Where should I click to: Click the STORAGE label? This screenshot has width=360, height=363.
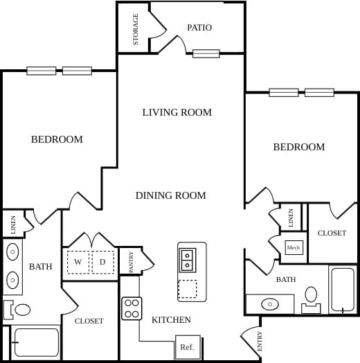[x=135, y=29]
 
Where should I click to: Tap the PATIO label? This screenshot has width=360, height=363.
[x=199, y=28]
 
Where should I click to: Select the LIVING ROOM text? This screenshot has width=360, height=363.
[x=177, y=112]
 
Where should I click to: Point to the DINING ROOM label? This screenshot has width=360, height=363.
[x=171, y=195]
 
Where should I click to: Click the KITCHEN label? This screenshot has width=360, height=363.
[x=171, y=320]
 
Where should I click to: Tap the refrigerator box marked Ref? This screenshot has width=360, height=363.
[x=187, y=347]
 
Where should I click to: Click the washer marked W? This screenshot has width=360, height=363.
[x=78, y=262]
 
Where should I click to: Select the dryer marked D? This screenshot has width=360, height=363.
[x=102, y=262]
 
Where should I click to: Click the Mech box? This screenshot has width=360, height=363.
[x=294, y=247]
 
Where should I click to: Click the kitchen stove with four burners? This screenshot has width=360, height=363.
[x=132, y=308]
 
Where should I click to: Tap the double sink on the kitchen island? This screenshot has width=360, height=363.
[x=188, y=260]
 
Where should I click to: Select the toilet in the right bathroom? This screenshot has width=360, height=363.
[x=311, y=297]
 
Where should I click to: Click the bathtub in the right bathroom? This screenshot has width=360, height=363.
[x=343, y=290]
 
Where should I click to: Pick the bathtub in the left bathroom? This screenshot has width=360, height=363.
[x=37, y=342]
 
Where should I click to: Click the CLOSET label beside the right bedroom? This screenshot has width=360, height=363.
[x=332, y=233]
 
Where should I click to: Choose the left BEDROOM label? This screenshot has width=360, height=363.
[x=57, y=139]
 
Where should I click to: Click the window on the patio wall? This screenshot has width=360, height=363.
[x=206, y=53]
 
